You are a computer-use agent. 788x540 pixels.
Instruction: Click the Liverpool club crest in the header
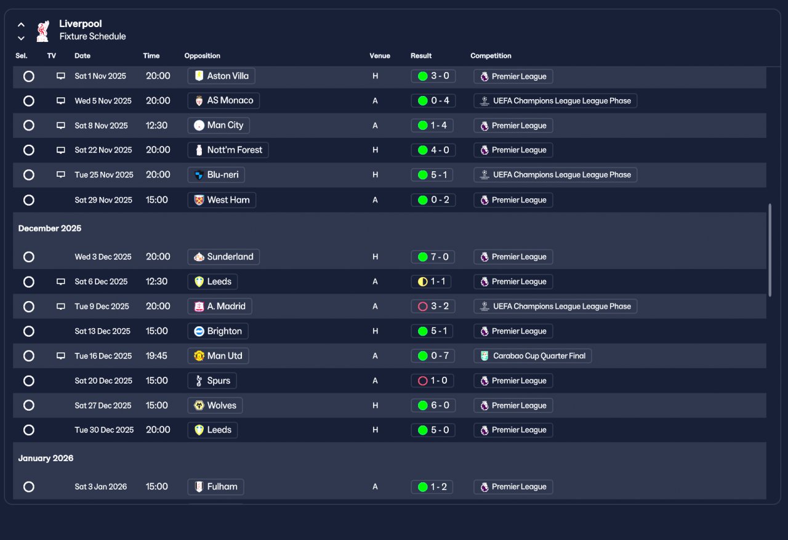click(43, 31)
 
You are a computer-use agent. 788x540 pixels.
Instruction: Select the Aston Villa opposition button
click(221, 76)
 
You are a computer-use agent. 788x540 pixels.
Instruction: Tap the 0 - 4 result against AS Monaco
click(433, 100)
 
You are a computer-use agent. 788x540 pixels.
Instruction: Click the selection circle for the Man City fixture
click(29, 126)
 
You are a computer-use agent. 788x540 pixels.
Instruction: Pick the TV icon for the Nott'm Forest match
click(61, 150)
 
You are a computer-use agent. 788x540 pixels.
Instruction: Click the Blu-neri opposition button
click(216, 175)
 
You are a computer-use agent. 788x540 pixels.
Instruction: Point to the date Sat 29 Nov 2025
click(103, 200)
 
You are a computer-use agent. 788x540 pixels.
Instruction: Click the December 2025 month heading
click(50, 228)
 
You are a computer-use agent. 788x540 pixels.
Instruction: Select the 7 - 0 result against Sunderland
click(433, 257)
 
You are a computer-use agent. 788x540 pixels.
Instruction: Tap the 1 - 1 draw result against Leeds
click(431, 281)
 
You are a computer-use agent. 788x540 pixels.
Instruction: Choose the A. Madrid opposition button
click(220, 307)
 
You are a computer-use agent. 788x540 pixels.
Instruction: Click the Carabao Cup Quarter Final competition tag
click(533, 356)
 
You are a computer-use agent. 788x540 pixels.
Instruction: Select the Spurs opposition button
click(212, 381)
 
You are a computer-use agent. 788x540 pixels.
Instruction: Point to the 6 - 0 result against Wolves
click(433, 405)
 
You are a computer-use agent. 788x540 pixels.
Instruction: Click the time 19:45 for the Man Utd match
click(156, 356)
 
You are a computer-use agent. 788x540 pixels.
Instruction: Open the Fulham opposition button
click(215, 487)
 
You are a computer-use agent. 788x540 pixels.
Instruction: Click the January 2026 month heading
click(46, 458)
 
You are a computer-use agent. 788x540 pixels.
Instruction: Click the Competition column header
click(491, 55)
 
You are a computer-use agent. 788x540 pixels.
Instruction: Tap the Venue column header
click(380, 55)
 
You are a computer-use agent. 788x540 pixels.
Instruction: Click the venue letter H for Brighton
click(376, 331)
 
